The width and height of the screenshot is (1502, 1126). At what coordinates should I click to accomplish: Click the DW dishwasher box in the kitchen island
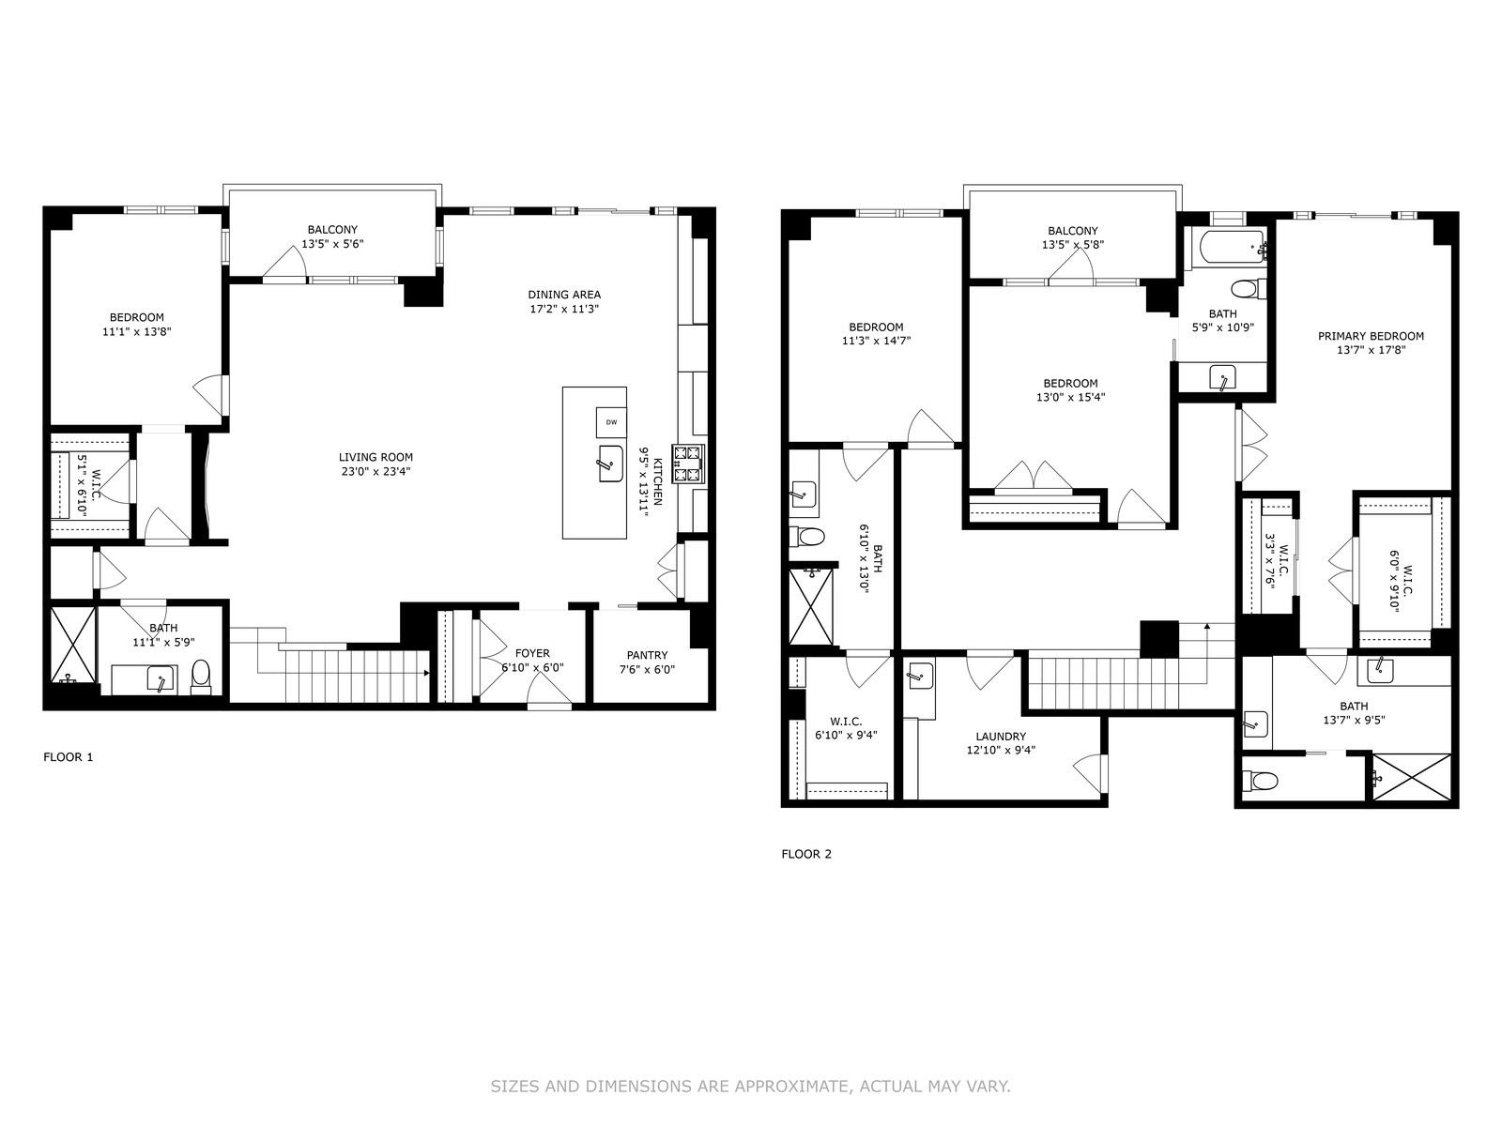(x=611, y=422)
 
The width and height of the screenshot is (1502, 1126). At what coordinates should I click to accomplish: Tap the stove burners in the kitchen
(x=686, y=464)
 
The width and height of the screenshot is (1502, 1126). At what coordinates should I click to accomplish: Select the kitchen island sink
(x=610, y=464)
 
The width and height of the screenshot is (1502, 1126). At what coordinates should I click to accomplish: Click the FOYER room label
(x=532, y=653)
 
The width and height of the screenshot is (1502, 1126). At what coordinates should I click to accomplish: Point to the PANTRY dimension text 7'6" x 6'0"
(x=647, y=670)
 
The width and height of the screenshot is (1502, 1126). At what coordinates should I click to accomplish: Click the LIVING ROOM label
(x=375, y=457)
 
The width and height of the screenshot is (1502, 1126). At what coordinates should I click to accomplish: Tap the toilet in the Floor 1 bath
(x=201, y=677)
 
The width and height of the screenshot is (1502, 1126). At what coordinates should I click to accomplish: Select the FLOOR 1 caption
(x=69, y=757)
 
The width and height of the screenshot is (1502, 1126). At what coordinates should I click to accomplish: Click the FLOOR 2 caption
(x=806, y=855)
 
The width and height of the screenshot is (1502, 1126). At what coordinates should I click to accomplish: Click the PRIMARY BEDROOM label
(x=1371, y=336)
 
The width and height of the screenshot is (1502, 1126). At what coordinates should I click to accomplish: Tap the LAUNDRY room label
(x=1001, y=737)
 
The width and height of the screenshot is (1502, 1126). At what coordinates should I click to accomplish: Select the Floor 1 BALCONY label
(x=332, y=229)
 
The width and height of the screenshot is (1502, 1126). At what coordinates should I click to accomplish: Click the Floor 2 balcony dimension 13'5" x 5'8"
(x=1073, y=245)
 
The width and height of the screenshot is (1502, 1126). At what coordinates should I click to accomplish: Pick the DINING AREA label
(x=563, y=294)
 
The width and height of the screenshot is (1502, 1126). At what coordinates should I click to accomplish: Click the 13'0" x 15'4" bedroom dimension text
(x=1070, y=397)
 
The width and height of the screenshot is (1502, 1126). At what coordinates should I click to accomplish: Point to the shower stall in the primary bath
(x=1412, y=777)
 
